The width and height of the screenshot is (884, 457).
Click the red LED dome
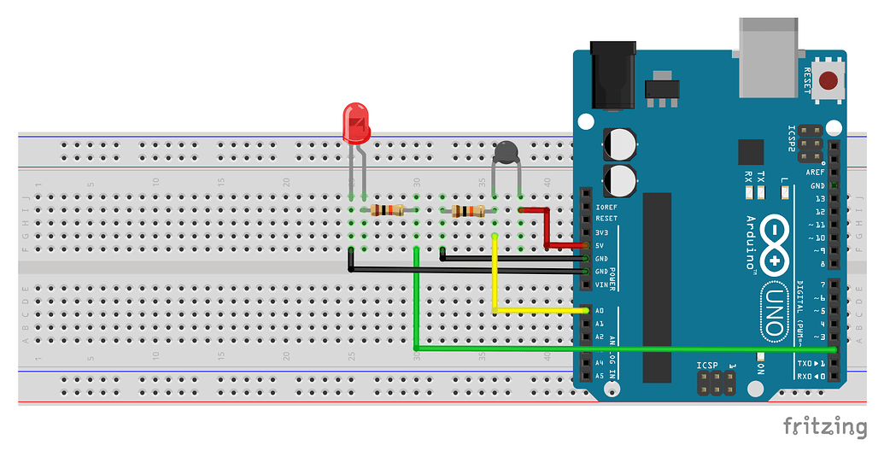(x=355, y=122)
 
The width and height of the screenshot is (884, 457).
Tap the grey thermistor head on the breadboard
(x=506, y=153)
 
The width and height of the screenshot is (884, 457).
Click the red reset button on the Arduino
(x=828, y=81)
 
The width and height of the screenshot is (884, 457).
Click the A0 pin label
(x=600, y=311)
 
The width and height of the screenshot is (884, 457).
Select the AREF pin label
(x=817, y=173)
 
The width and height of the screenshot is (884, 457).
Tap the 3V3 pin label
(x=602, y=232)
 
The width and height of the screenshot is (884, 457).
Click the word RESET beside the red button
(x=807, y=81)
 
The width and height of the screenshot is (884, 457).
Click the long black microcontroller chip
(x=658, y=286)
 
